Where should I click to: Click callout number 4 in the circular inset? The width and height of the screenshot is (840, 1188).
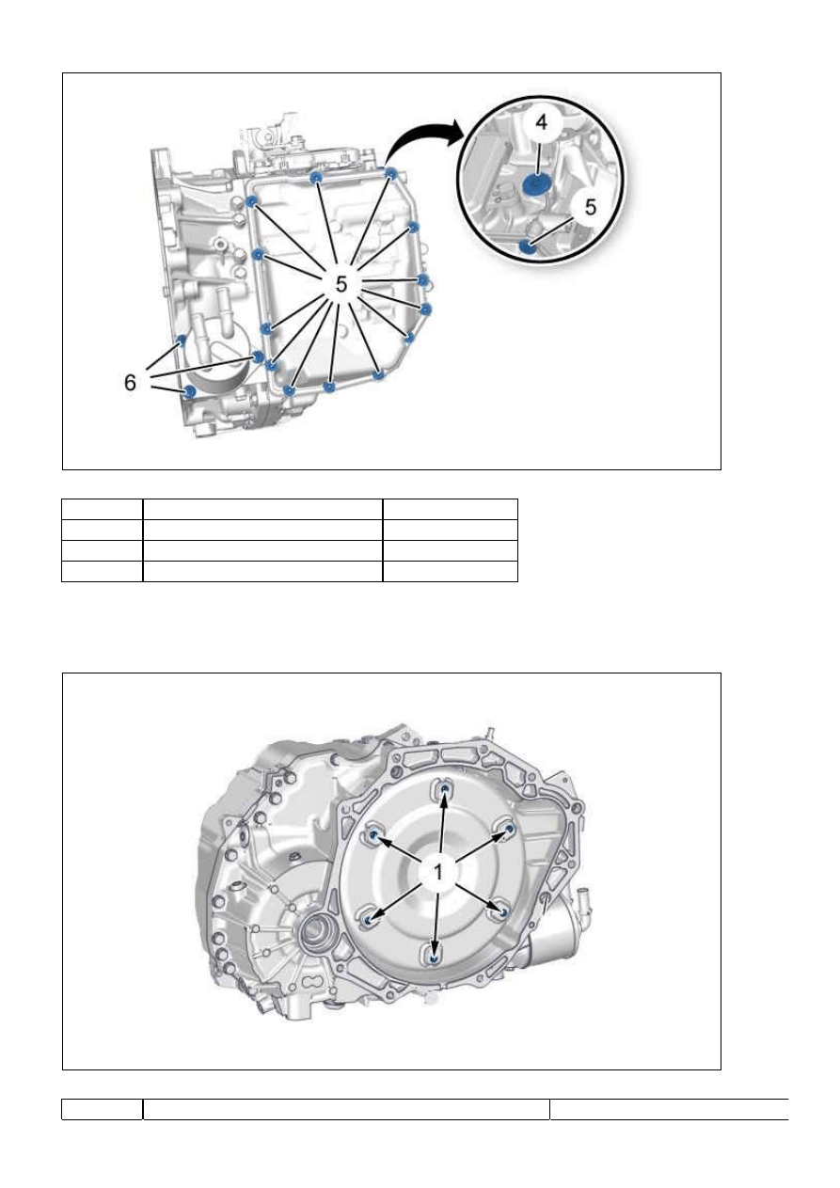(x=541, y=122)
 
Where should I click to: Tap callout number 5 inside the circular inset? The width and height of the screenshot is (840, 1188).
(x=590, y=207)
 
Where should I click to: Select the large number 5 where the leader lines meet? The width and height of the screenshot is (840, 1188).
(x=341, y=284)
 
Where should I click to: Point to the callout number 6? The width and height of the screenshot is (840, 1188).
(x=130, y=382)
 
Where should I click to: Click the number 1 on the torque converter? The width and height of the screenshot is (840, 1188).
(x=438, y=871)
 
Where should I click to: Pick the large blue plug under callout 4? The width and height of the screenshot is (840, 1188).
(x=537, y=185)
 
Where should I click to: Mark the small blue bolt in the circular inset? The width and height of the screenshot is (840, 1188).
(x=526, y=247)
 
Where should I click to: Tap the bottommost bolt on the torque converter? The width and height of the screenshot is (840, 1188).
(x=435, y=958)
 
